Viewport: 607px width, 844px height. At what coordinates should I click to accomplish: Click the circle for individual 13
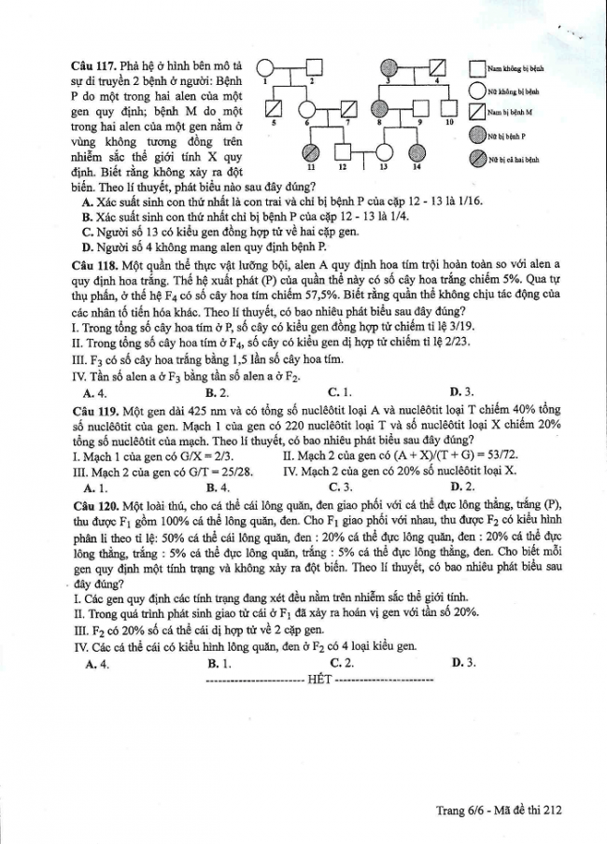pyautogui.click(x=384, y=151)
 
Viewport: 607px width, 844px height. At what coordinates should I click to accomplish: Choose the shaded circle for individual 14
pyautogui.click(x=417, y=151)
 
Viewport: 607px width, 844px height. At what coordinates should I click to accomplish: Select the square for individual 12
pyautogui.click(x=344, y=151)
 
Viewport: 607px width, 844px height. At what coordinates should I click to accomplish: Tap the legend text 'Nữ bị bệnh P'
pyautogui.click(x=507, y=136)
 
